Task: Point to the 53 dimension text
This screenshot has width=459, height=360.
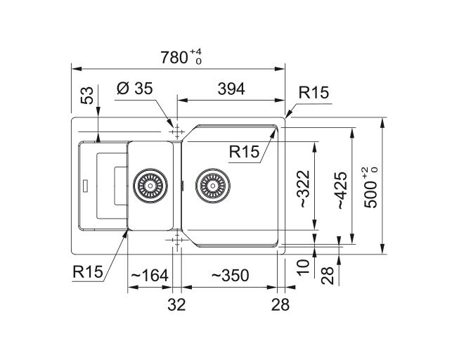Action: tap(87, 96)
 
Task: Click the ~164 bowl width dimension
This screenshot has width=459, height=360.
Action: tap(148, 276)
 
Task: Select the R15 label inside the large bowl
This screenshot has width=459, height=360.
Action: tap(245, 150)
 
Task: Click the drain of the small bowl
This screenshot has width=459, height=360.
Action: tap(148, 186)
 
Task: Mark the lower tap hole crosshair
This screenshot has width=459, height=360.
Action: tap(176, 241)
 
